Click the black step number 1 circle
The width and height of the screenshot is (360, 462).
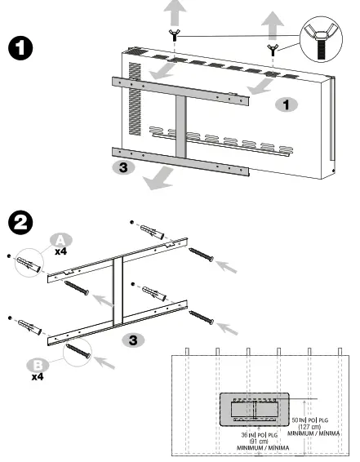click(x=20, y=47)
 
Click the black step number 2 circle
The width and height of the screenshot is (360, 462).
click(x=20, y=222)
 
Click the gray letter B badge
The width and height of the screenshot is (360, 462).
click(x=38, y=365)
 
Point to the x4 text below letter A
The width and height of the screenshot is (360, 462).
click(x=61, y=252)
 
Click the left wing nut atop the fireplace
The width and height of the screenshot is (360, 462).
click(x=175, y=33)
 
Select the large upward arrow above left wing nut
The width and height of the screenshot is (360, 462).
click(x=174, y=11)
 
